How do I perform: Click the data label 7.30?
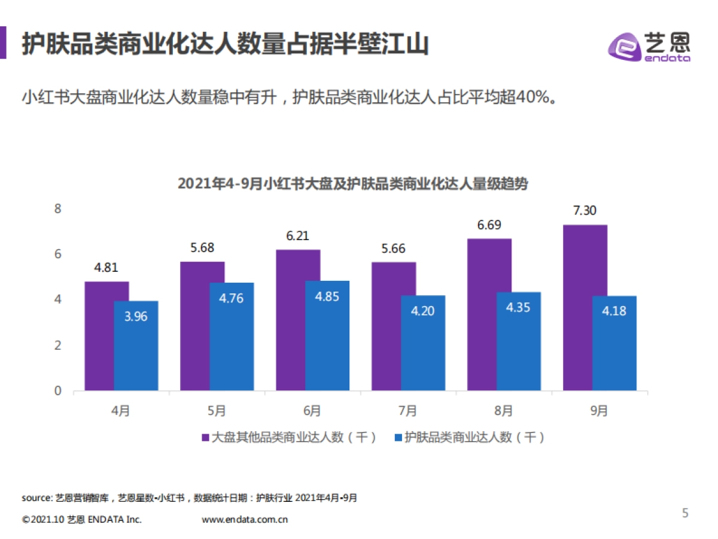(585, 211)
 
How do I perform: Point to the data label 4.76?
(232, 298)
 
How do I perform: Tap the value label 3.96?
(136, 316)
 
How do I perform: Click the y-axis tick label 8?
(58, 208)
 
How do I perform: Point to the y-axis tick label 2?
(58, 346)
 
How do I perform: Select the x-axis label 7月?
(407, 411)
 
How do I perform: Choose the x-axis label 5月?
(217, 411)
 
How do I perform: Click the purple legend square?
(205, 438)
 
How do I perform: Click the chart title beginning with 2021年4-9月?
(353, 184)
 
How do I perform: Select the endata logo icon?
(623, 47)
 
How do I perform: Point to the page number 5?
(686, 513)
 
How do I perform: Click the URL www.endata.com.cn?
(245, 519)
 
